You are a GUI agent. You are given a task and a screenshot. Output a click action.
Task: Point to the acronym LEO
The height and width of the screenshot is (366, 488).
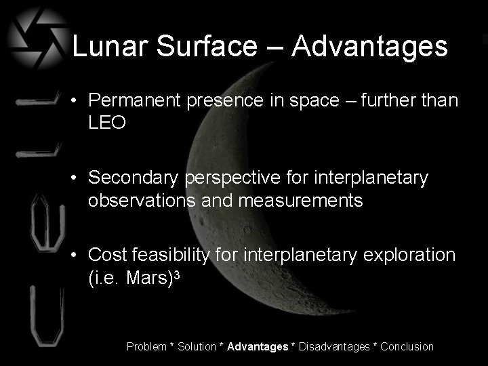pos(107,123)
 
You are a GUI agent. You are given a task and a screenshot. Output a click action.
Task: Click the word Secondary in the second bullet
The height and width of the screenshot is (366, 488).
pos(131,178)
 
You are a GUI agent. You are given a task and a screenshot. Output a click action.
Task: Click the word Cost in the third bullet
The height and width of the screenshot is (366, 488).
pos(104,256)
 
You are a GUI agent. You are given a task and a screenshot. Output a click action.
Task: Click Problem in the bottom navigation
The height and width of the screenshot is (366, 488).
pos(146,347)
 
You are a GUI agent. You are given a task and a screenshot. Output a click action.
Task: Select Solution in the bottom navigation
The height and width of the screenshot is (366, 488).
pos(199,347)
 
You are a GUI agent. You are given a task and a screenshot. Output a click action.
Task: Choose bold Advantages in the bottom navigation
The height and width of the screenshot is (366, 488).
pos(258,347)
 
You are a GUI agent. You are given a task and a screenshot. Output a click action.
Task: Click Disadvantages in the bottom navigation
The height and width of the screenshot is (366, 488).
pos(333,347)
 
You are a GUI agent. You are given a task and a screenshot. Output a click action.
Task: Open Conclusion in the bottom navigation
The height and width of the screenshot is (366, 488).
pos(407,347)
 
